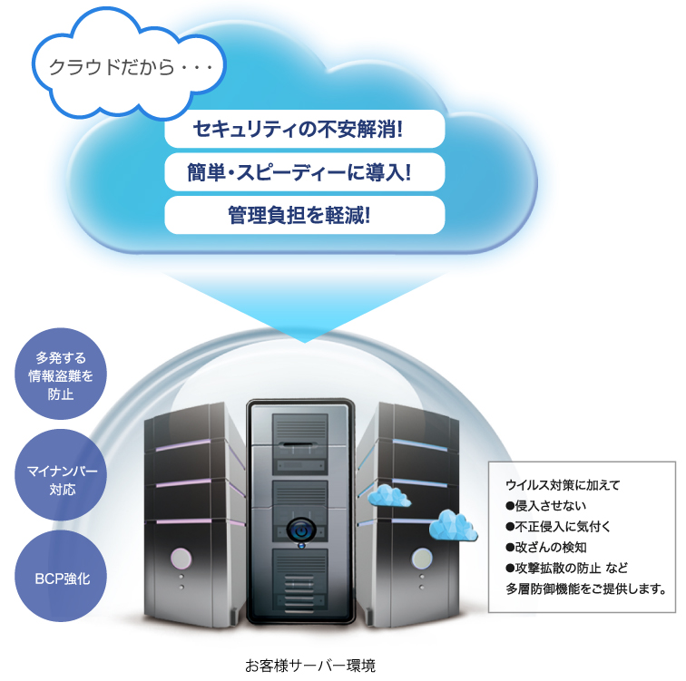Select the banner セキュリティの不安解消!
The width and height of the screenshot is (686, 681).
tap(305, 128)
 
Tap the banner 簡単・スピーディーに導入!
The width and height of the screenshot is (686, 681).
tap(305, 171)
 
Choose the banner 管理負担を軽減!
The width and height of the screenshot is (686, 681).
tap(305, 215)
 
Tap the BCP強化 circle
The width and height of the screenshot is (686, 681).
tap(61, 578)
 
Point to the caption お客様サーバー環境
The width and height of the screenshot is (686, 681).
tap(309, 665)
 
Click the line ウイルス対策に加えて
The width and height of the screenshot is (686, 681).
tap(562, 484)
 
